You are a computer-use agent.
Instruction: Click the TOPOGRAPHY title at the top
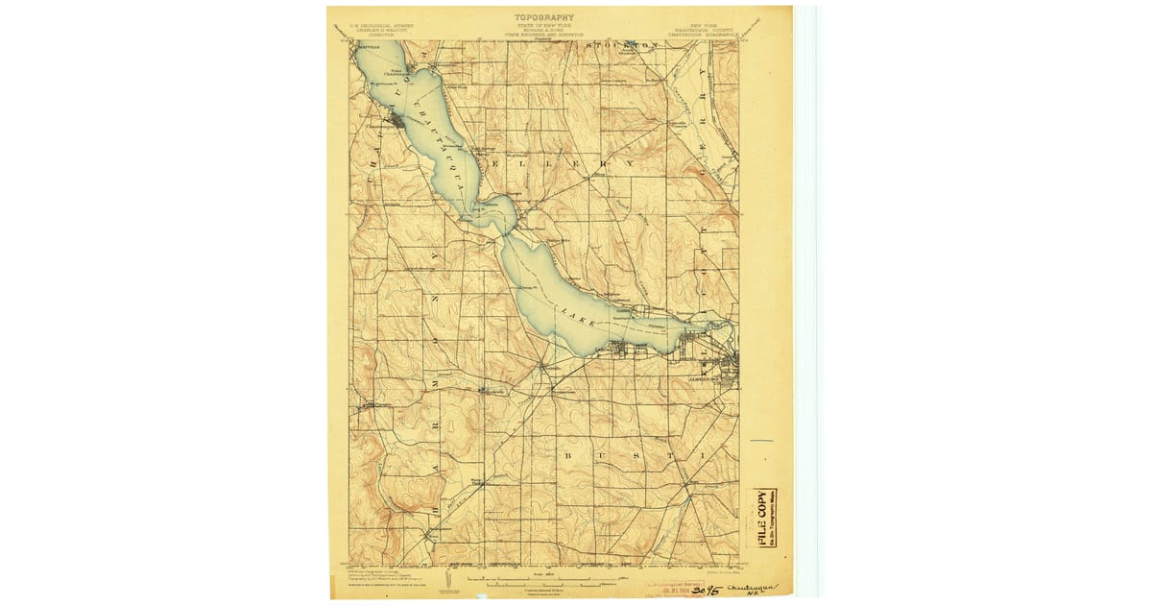coord(543,16)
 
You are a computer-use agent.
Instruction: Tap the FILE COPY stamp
coord(763,519)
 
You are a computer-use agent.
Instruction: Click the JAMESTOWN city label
coord(705,379)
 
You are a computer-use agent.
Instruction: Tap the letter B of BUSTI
coord(569,452)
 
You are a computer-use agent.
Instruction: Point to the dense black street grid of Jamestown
coord(728,365)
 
